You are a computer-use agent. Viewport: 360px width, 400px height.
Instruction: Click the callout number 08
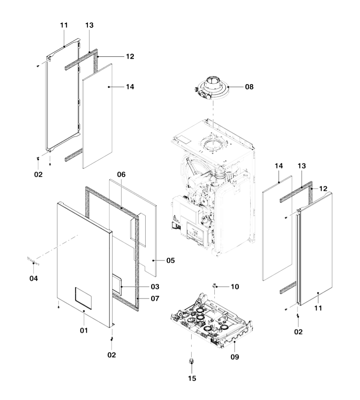249,86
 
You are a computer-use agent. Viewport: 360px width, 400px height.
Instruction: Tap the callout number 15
192,378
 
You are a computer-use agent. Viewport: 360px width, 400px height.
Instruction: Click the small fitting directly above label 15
192,362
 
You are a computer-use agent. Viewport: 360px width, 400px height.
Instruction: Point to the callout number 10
234,287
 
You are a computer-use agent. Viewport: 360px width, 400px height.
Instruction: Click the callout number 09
234,357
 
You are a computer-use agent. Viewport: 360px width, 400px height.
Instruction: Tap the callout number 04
34,278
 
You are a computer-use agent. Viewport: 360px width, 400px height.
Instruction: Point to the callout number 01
84,330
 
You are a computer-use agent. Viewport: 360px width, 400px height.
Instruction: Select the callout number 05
170,261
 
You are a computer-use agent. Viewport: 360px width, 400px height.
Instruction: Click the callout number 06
121,174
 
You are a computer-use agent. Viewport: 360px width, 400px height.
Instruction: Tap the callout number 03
155,287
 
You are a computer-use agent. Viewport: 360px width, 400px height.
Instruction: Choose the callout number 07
155,299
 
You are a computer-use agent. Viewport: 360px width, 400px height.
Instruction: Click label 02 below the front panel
112,354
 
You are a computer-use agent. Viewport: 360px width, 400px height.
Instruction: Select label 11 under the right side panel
318,308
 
